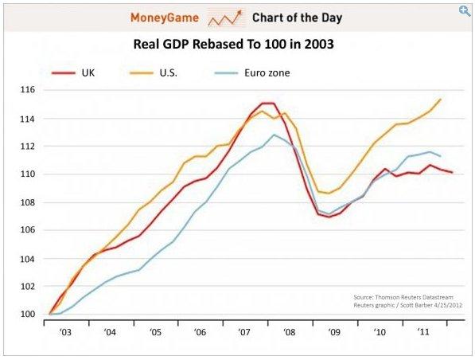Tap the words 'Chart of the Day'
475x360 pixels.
[296, 17]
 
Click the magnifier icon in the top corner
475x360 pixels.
[464, 10]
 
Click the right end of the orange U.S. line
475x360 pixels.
[440, 100]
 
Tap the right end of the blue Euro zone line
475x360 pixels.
[440, 156]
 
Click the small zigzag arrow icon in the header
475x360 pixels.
[226, 17]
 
